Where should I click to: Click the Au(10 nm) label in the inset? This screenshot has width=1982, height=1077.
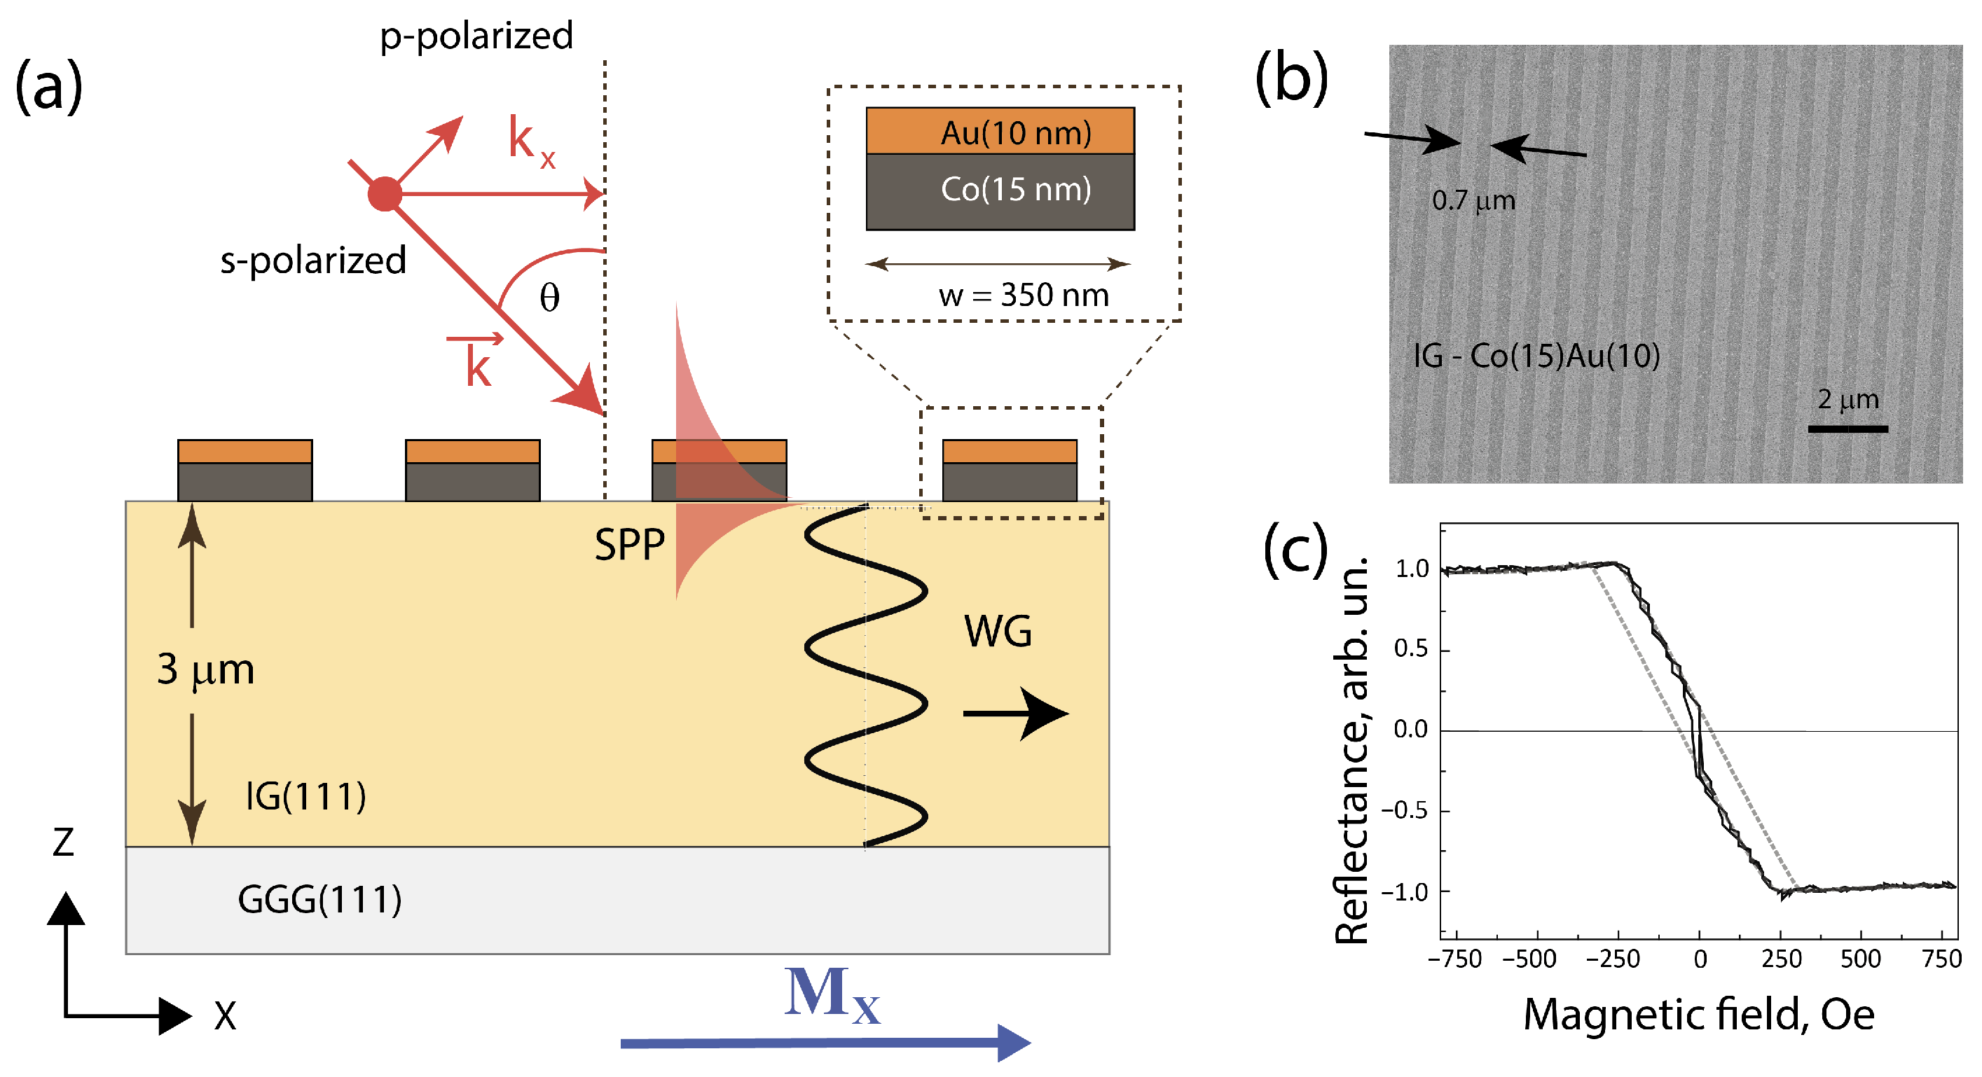[1016, 133]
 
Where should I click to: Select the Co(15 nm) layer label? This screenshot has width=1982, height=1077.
[1016, 189]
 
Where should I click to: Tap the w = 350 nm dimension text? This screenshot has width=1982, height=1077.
[1024, 296]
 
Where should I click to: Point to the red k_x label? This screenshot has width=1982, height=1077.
[531, 142]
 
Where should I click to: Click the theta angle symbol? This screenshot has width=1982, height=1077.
[549, 298]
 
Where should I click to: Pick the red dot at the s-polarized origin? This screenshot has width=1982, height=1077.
[385, 194]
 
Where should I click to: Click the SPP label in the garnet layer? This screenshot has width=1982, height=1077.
[629, 546]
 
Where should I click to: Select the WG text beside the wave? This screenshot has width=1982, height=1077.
[998, 632]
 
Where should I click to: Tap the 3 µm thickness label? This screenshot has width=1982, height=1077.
[205, 669]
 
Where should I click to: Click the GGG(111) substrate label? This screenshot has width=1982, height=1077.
[319, 899]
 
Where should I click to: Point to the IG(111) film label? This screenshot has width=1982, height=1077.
[305, 796]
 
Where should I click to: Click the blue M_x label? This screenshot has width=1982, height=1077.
[832, 996]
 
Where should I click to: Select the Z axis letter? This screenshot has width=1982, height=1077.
[63, 842]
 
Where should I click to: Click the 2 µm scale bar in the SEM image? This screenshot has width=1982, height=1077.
[1847, 428]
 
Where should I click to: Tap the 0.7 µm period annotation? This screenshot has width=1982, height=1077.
[1473, 201]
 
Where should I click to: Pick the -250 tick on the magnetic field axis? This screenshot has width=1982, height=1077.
[1613, 959]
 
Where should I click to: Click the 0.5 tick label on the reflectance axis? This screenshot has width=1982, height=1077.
[1410, 649]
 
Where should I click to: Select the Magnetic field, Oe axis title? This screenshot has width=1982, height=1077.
[1698, 1015]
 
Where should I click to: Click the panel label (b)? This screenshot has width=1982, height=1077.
[1291, 78]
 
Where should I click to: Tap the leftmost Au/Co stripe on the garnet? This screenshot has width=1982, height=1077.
[245, 471]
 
